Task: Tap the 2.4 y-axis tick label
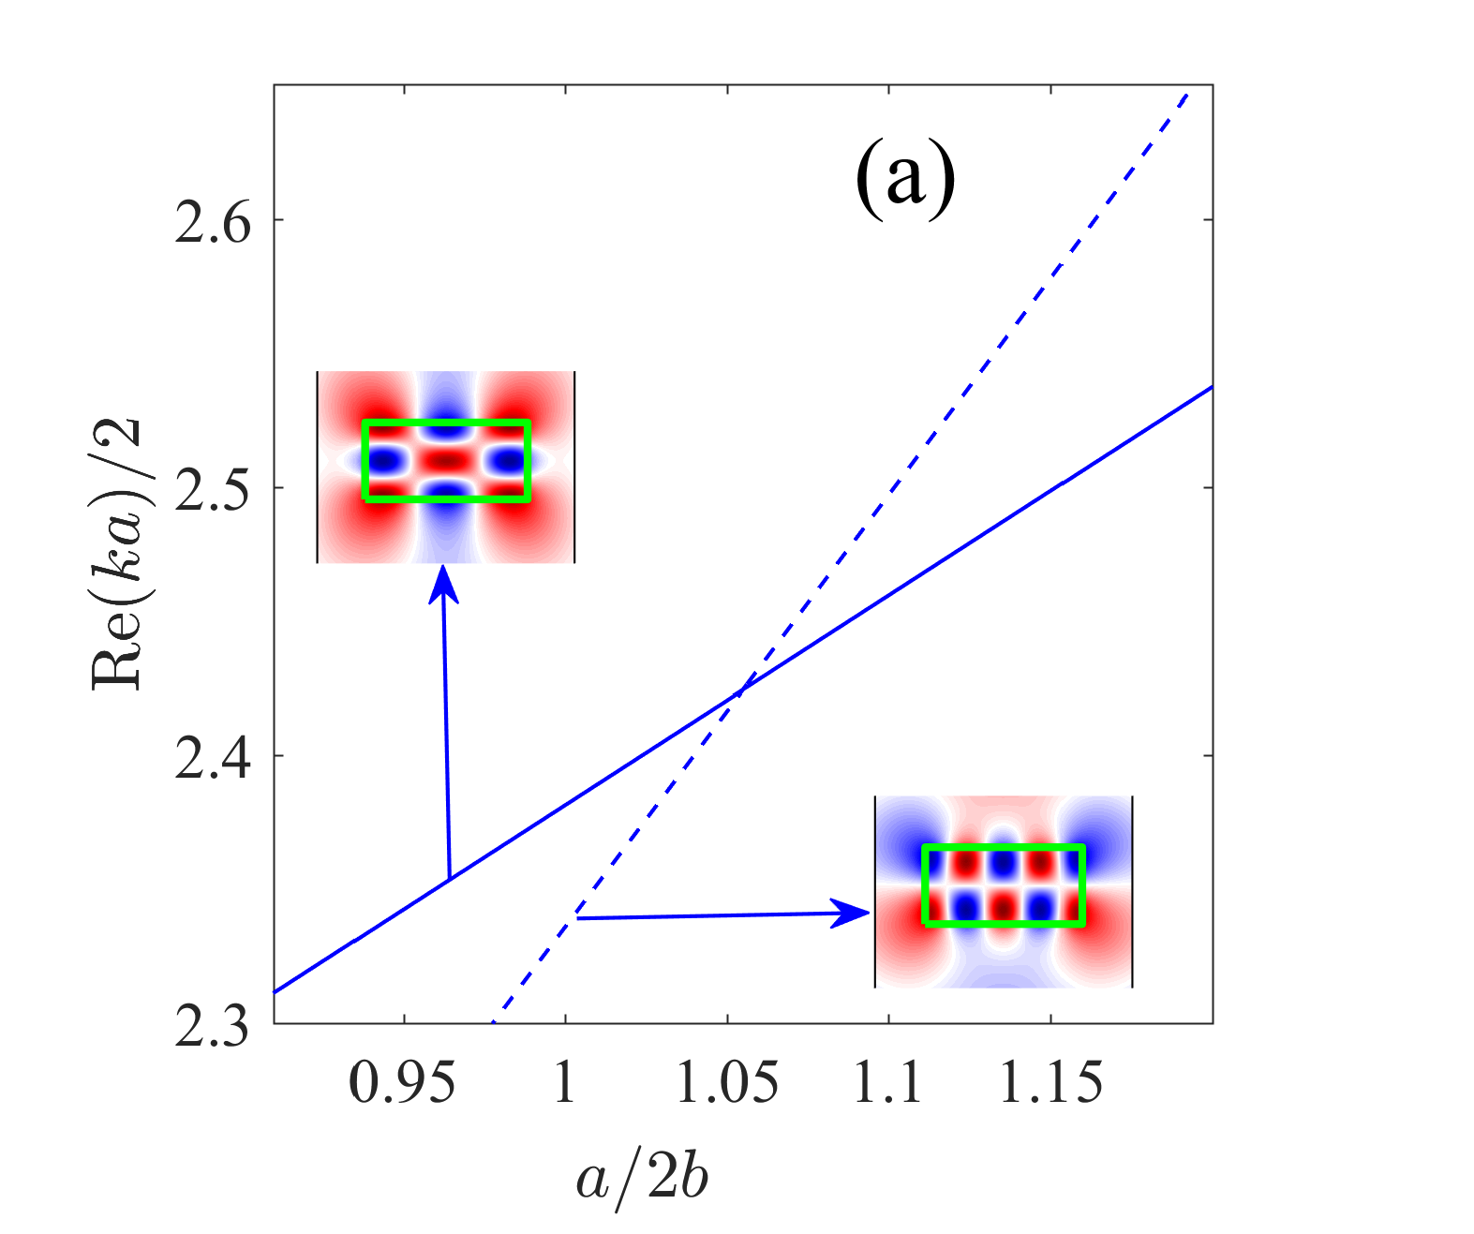point(214,756)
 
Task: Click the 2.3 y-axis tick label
point(214,1024)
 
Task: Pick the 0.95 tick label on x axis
point(403,1083)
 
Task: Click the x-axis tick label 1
point(565,1083)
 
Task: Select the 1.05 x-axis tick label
point(727,1083)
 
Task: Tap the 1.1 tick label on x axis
point(887,1083)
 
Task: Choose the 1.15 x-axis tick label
point(1050,1083)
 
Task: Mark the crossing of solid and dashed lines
point(739,691)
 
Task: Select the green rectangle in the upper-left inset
point(447,424)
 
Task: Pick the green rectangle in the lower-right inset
point(1004,848)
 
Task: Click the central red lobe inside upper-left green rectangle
point(447,461)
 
